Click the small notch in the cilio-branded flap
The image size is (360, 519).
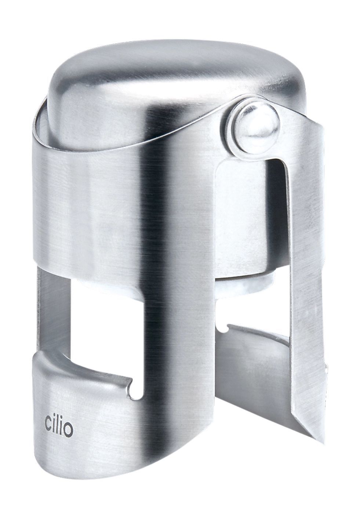tap(134, 385)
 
